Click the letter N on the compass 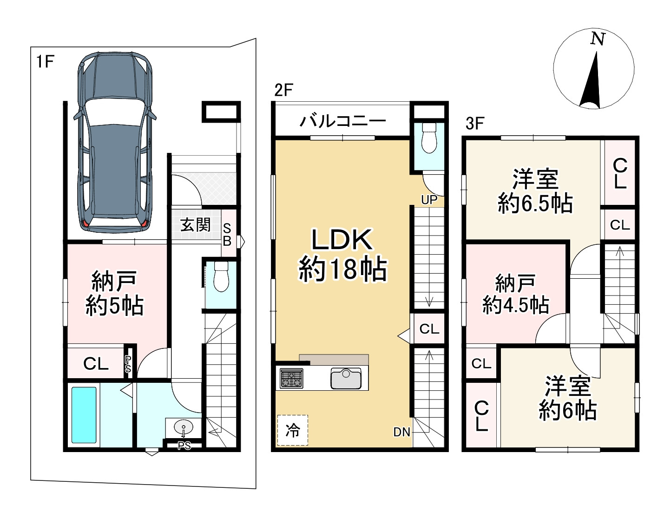(598, 39)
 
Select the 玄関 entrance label (196, 225)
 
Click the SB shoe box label (227, 235)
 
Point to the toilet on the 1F (221, 277)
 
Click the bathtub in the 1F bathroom (84, 415)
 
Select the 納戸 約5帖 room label (114, 294)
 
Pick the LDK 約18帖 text (342, 254)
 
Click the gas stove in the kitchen (291, 378)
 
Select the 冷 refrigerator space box (292, 430)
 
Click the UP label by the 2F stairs (429, 200)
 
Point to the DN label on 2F (402, 432)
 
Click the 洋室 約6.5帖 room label (535, 191)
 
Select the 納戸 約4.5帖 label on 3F (515, 294)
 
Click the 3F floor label (475, 124)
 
